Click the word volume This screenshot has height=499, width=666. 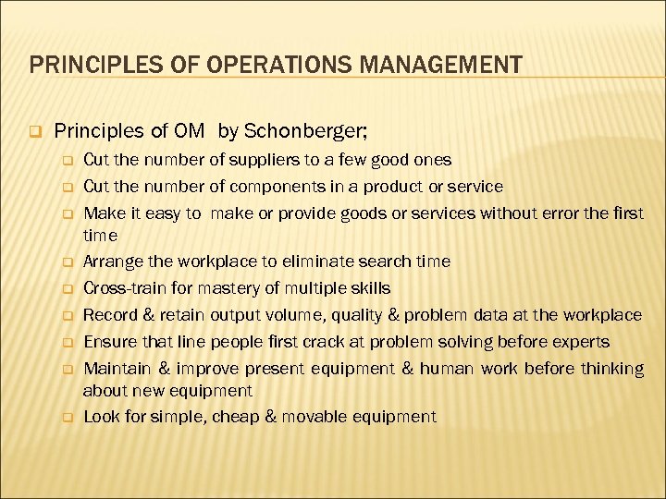pyautogui.click(x=269, y=315)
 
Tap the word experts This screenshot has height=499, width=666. pyautogui.click(x=577, y=342)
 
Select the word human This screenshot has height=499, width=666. pyautogui.click(x=449, y=369)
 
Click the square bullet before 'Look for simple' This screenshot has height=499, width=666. pyautogui.click(x=68, y=417)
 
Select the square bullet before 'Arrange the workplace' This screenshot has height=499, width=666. pyautogui.click(x=68, y=262)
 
